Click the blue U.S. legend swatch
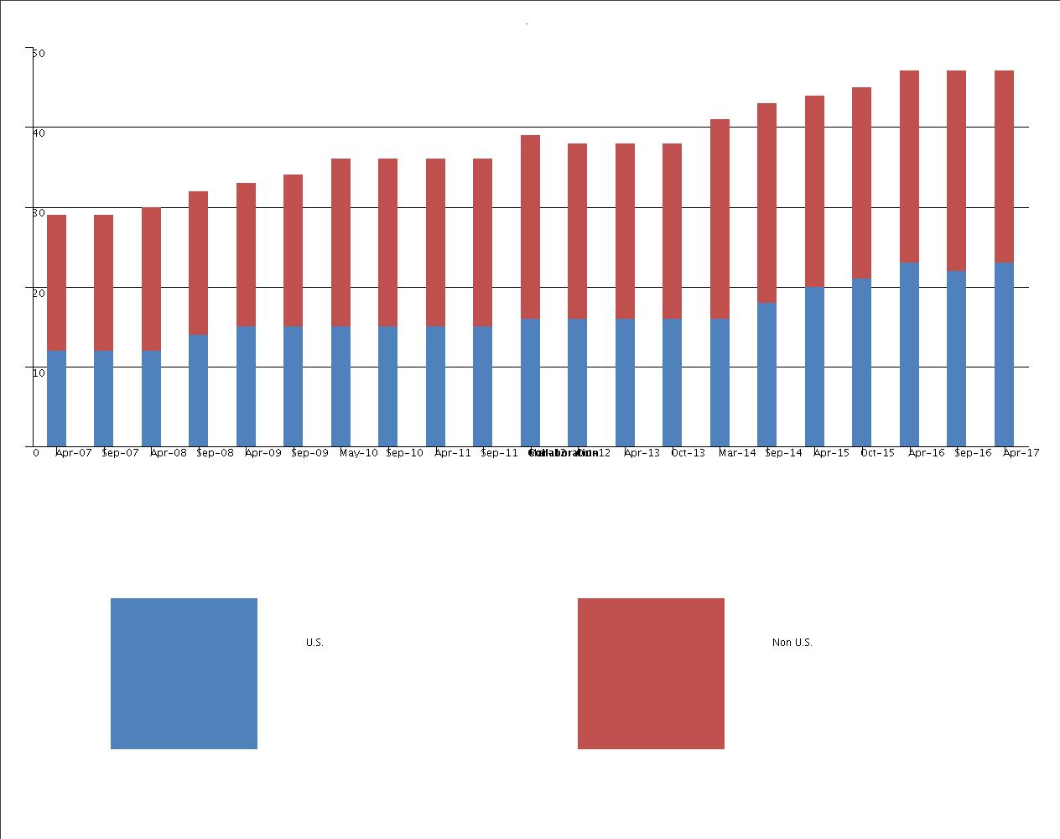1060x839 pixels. click(184, 673)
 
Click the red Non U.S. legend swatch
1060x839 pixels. click(651, 673)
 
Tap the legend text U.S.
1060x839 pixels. click(314, 643)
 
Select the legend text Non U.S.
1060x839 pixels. click(792, 643)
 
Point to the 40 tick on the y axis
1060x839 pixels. click(39, 132)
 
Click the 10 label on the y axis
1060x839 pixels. click(39, 372)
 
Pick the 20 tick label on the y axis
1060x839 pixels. click(39, 292)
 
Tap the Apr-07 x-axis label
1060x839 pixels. click(73, 453)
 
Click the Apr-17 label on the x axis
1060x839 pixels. click(1021, 453)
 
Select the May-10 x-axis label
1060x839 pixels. click(358, 453)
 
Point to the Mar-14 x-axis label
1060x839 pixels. click(736, 453)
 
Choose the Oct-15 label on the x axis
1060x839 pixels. click(878, 453)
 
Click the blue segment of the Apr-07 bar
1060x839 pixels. click(56, 399)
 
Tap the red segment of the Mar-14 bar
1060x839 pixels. click(720, 219)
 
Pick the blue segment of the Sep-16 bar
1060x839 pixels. click(956, 358)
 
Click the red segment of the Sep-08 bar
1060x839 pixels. click(198, 263)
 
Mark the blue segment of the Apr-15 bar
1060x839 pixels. click(814, 367)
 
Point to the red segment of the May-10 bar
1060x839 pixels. click(340, 242)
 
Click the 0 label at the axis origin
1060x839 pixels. click(36, 453)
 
